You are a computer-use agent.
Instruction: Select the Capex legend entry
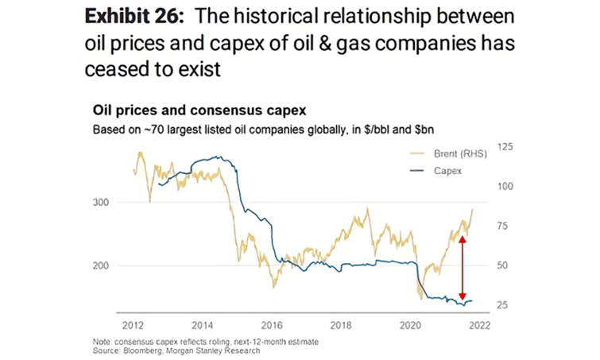pyautogui.click(x=447, y=171)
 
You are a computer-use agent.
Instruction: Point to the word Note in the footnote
pyautogui.click(x=103, y=341)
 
